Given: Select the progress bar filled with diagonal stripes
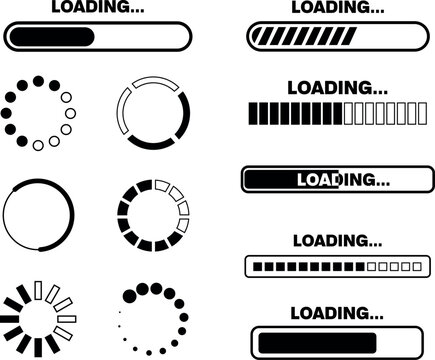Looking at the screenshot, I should coord(330,38).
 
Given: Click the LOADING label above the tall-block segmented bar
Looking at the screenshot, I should coord(330,87).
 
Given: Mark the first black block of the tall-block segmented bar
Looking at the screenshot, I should coord(251,113).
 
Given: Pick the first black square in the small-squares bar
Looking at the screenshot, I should coord(258,267).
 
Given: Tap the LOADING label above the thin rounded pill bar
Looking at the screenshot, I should coord(91,8).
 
